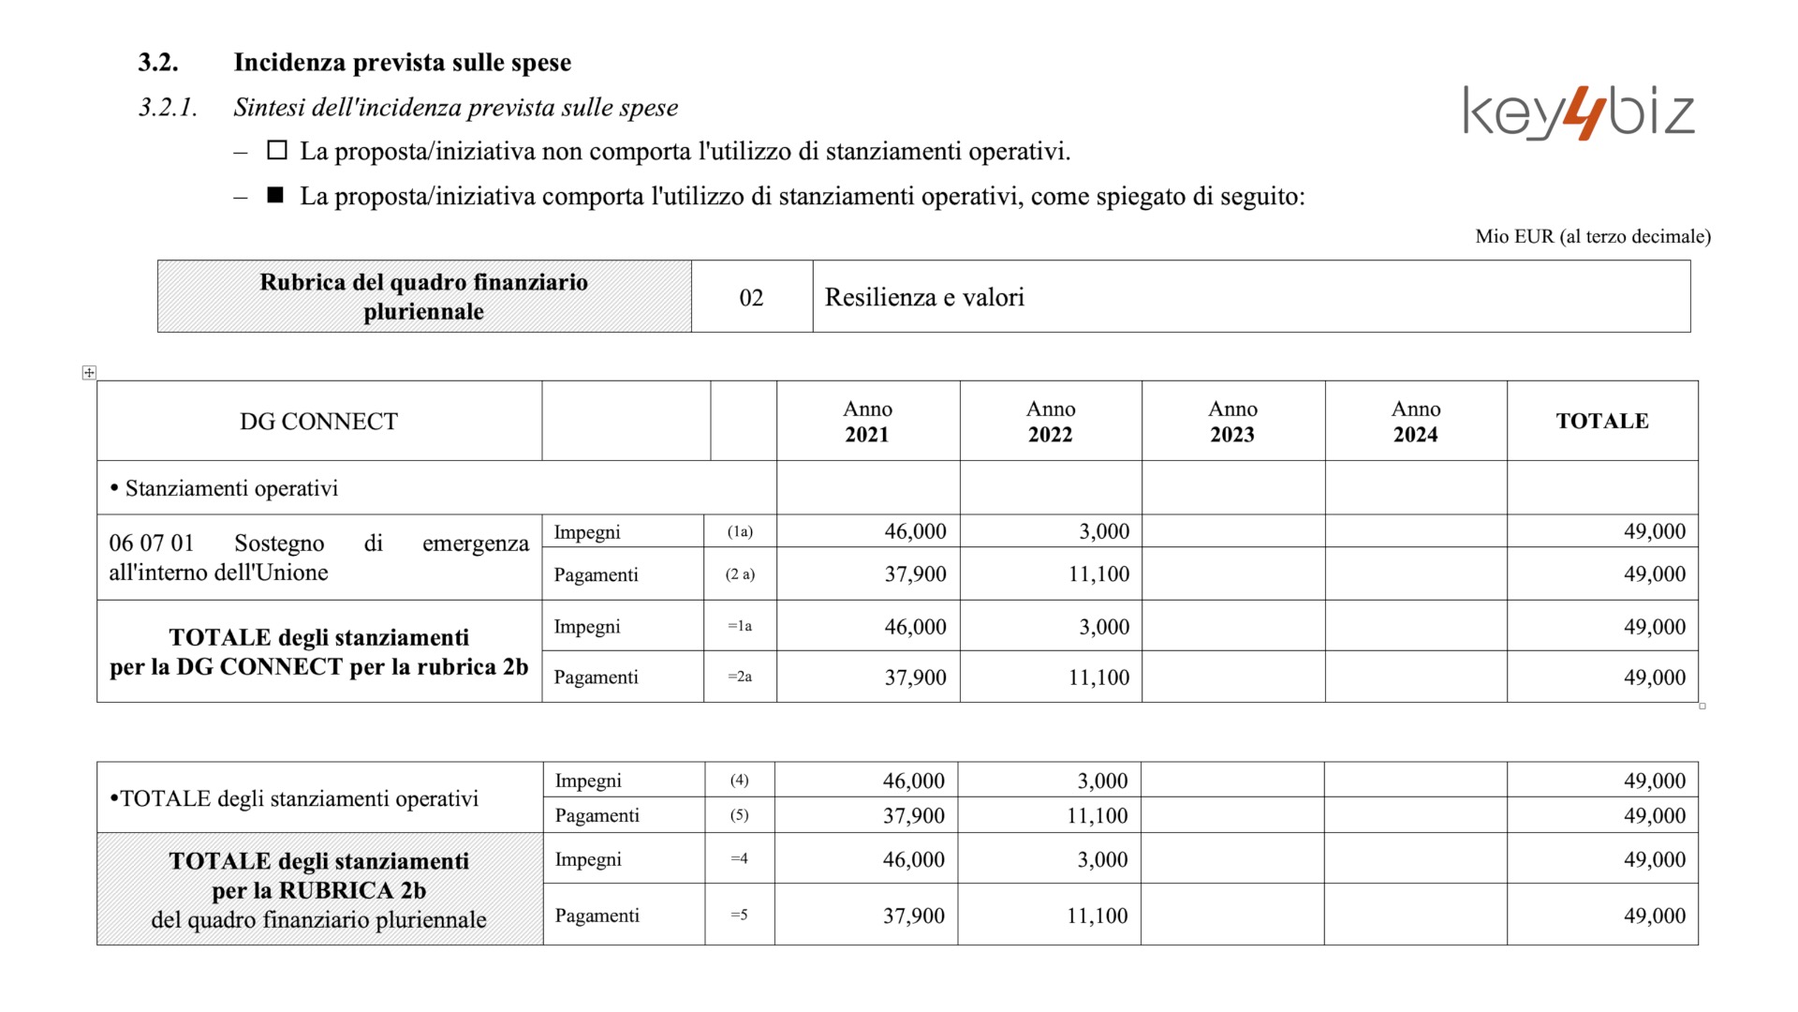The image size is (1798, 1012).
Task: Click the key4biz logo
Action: point(1579,113)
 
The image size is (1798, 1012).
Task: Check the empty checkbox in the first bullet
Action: point(277,150)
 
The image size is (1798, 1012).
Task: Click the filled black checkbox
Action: point(275,195)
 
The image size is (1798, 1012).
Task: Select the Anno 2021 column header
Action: point(867,421)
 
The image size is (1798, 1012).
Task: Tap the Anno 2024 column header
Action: point(1415,421)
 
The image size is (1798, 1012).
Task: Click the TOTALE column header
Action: point(1601,421)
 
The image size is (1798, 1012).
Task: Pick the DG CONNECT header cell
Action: point(318,422)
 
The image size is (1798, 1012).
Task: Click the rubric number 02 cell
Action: point(751,297)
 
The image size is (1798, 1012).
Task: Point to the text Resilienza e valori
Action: point(924,297)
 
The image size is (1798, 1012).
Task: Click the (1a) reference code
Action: point(740,531)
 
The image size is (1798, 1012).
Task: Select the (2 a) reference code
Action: point(740,573)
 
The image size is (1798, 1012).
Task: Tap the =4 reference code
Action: point(739,858)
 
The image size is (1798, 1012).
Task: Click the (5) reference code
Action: point(739,814)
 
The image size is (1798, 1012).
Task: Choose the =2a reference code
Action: point(740,677)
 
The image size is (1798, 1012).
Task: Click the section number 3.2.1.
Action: point(168,107)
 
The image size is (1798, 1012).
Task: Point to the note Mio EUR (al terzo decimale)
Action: point(1592,236)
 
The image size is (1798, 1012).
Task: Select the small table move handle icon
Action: point(89,373)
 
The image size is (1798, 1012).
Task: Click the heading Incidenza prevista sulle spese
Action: point(402,62)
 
